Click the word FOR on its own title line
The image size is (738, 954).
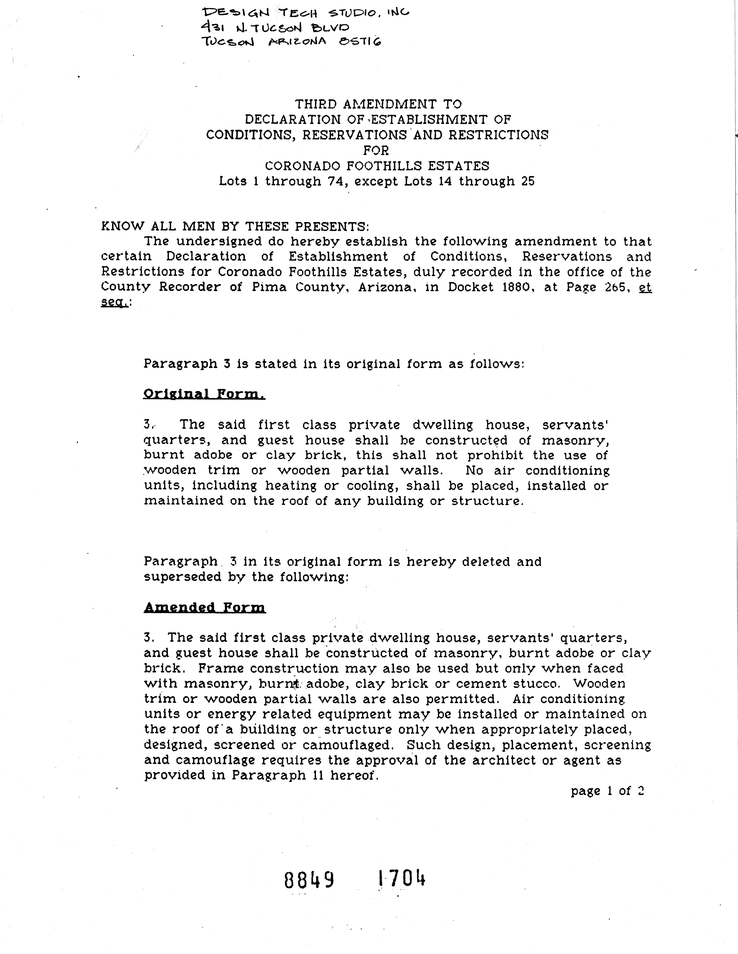click(x=376, y=150)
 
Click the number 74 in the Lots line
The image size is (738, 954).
click(x=337, y=181)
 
